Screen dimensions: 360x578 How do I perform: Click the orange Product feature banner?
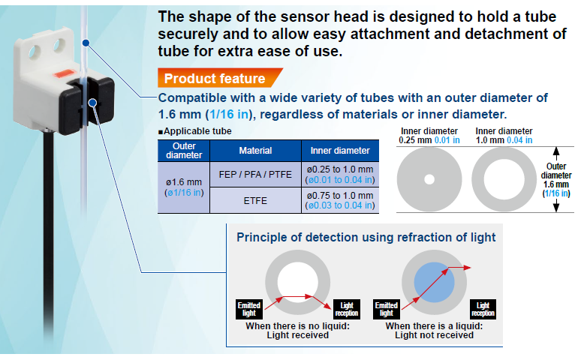215,79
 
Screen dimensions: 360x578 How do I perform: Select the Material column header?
255,151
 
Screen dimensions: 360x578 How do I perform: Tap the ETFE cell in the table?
255,200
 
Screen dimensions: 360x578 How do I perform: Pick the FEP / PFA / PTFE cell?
255,175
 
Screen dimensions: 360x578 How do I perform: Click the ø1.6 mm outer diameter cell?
183,187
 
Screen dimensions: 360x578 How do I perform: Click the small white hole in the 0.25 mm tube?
429,179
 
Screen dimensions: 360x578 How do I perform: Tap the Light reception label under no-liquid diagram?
346,308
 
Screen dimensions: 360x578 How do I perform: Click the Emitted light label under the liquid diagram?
387,308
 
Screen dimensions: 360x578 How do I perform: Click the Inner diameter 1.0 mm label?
504,136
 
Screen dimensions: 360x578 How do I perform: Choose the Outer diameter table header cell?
183,151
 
